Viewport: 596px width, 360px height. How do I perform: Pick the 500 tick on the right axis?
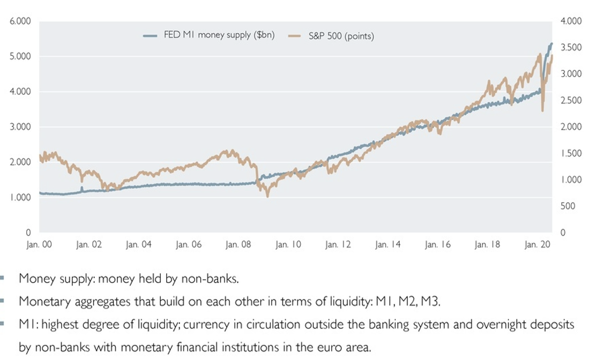click(x=568, y=206)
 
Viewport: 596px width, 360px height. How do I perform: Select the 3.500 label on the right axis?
click(x=571, y=48)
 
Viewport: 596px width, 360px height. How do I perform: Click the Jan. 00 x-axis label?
click(x=39, y=245)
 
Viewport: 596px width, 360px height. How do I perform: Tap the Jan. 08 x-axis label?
click(x=238, y=245)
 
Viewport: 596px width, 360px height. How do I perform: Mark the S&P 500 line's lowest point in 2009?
click(x=267, y=196)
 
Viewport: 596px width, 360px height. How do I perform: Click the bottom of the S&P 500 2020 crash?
click(x=542, y=110)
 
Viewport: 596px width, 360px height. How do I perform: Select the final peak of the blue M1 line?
click(x=552, y=43)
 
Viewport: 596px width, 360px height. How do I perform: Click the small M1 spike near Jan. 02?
click(x=81, y=188)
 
